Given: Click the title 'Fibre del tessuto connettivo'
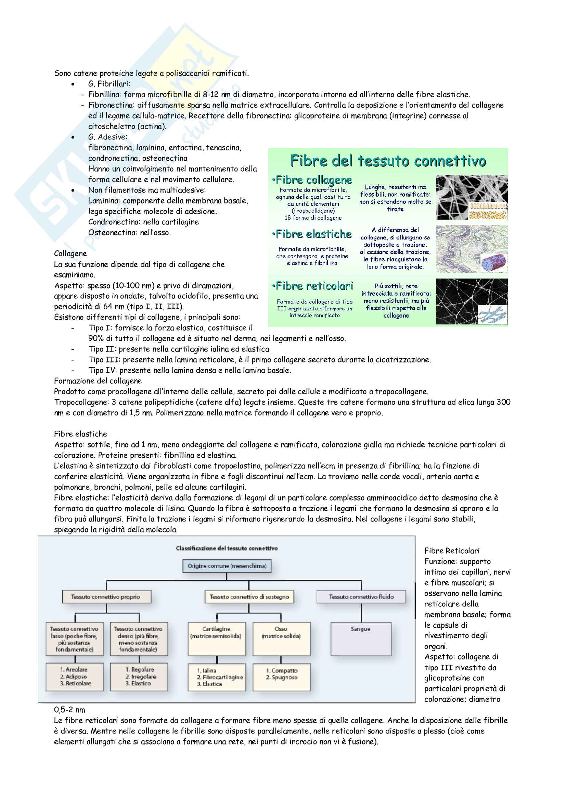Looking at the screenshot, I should click(x=388, y=161).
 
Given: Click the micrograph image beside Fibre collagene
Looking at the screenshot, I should click(x=471, y=197).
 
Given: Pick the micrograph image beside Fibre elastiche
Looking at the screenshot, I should click(x=471, y=249).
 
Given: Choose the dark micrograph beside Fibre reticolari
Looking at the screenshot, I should click(x=471, y=301).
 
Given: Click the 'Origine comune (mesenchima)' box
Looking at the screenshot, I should click(x=227, y=566).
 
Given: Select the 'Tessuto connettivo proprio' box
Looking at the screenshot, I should click(x=106, y=597).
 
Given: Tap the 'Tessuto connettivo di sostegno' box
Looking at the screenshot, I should click(x=249, y=597).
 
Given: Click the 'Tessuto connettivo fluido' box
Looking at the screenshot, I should click(x=361, y=597).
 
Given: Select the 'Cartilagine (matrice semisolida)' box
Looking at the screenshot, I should click(x=216, y=638).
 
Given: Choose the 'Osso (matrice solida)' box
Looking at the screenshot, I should click(x=281, y=638).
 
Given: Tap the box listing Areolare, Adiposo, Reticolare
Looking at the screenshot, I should click(x=75, y=676).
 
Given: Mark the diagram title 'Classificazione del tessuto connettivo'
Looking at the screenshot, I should click(x=227, y=549).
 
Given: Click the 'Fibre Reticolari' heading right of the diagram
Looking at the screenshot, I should click(x=452, y=551).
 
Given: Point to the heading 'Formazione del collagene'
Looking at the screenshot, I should click(x=98, y=381).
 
